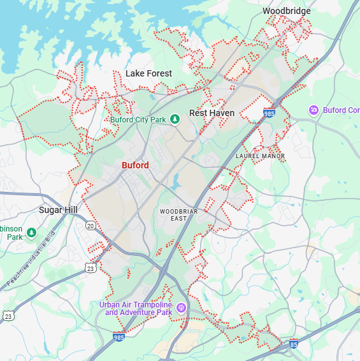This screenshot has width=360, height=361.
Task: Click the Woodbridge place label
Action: click(x=286, y=11)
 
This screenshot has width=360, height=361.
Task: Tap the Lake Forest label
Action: click(x=148, y=73)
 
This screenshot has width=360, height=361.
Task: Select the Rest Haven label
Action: click(x=212, y=113)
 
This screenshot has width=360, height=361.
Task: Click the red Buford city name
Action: click(x=135, y=165)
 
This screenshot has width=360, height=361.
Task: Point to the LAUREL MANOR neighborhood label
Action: click(x=260, y=156)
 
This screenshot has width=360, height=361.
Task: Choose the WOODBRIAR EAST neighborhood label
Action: click(x=173, y=214)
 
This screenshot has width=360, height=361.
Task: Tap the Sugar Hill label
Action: click(x=58, y=210)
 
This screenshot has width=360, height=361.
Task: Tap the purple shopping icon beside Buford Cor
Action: click(x=313, y=110)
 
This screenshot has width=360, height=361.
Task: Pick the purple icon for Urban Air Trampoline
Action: click(x=181, y=308)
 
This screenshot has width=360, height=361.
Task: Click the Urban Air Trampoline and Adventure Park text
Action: click(x=136, y=309)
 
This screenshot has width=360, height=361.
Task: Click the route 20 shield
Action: click(x=90, y=225)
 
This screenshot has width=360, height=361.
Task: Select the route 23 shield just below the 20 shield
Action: click(x=90, y=269)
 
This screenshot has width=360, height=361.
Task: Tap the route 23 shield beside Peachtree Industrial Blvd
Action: click(x=8, y=316)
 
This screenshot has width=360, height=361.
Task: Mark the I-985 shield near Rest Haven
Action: click(x=269, y=113)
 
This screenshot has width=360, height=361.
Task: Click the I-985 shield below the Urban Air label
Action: click(x=119, y=336)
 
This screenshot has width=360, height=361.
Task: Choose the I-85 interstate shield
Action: click(x=293, y=344)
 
